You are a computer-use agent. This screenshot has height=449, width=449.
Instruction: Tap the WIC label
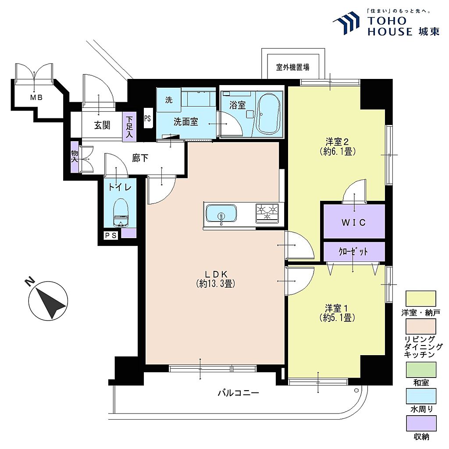click(x=354, y=222)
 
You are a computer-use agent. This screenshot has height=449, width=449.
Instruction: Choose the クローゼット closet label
click(x=353, y=252)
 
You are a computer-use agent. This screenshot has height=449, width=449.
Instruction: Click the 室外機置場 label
click(x=292, y=67)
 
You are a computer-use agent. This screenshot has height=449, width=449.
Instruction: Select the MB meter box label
click(x=36, y=98)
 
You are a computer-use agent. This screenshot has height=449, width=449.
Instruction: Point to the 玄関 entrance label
click(x=102, y=125)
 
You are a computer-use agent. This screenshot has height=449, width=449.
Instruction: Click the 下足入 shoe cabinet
click(x=129, y=127)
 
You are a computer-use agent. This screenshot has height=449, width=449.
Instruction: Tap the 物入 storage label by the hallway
click(x=75, y=157)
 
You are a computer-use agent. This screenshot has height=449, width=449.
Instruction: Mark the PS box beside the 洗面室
click(x=147, y=118)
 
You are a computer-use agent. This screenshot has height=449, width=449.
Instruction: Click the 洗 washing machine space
click(x=169, y=100)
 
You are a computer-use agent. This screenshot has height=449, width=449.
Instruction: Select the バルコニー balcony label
click(x=238, y=392)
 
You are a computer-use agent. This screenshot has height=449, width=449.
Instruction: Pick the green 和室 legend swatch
click(x=421, y=370)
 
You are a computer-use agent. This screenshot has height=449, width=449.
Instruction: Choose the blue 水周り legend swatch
click(x=421, y=396)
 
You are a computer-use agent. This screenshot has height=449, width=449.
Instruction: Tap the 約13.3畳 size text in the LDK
click(x=216, y=284)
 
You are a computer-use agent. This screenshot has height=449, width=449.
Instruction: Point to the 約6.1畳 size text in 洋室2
click(x=338, y=151)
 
